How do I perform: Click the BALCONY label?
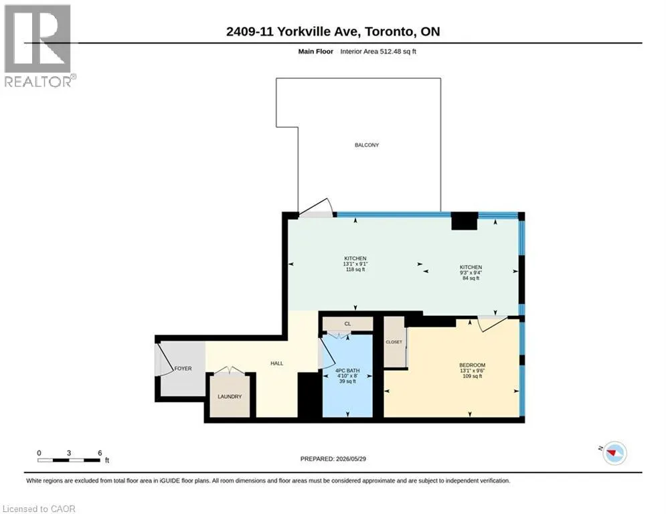pos(367,145)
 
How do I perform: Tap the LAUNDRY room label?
pos(230,396)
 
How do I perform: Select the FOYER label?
pos(183,368)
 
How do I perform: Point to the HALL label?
pos(277,363)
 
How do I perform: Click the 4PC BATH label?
pos(347,370)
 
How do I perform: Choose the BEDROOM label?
pos(473,365)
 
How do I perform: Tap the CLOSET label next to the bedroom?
pos(394,342)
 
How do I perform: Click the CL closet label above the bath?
pos(347,324)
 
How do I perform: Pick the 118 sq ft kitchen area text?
pos(355,269)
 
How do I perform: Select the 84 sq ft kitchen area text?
pos(471,278)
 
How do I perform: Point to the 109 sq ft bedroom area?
pos(473,376)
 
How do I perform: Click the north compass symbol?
pos(614,453)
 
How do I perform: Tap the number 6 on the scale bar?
pos(100,453)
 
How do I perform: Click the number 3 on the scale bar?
pos(69,453)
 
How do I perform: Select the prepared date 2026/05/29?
pos(351,458)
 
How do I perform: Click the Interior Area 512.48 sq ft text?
pos(378,52)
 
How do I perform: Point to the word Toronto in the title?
pos(389,31)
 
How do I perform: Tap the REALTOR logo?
pos(39,46)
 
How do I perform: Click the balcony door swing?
pos(317,207)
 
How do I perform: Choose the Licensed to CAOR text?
pos(39,509)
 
